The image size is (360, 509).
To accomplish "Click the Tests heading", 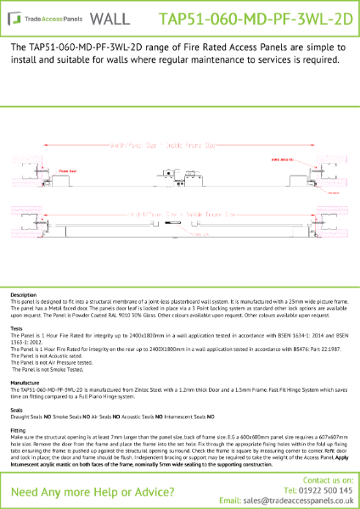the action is pos(16,327).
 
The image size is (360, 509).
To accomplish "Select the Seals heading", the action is pos(17,410).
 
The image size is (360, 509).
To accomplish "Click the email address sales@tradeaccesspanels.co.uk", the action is pos(297,501).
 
